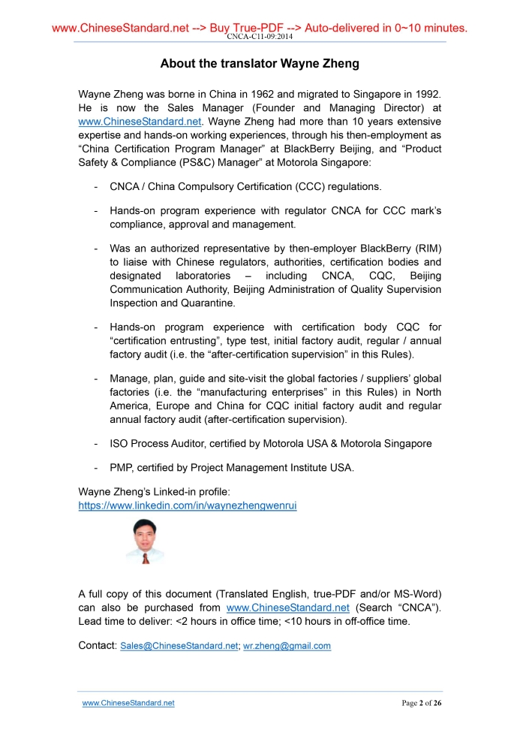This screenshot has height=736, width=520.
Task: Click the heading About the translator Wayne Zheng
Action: (x=260, y=64)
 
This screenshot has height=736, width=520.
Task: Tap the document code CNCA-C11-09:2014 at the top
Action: (x=260, y=37)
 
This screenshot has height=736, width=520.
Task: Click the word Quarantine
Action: (x=208, y=303)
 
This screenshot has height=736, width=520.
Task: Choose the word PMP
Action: (x=122, y=468)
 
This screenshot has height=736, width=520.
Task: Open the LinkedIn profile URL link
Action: (x=188, y=506)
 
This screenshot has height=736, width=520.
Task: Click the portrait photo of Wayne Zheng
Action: (x=144, y=541)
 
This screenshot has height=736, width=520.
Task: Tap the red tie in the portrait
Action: (x=146, y=557)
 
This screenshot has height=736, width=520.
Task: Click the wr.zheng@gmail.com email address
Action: (x=287, y=646)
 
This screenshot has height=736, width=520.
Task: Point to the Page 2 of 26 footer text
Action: (x=422, y=704)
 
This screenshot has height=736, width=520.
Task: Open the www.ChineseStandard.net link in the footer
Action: (x=128, y=704)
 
